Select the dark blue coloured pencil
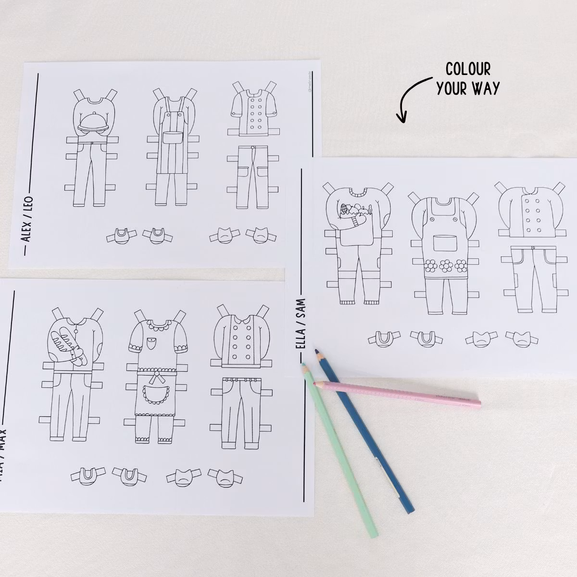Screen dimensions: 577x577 point(365,433)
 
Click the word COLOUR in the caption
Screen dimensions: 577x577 point(468,69)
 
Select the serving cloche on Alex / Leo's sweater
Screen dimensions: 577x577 point(92,125)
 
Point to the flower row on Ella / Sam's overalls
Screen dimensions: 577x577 point(446,264)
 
